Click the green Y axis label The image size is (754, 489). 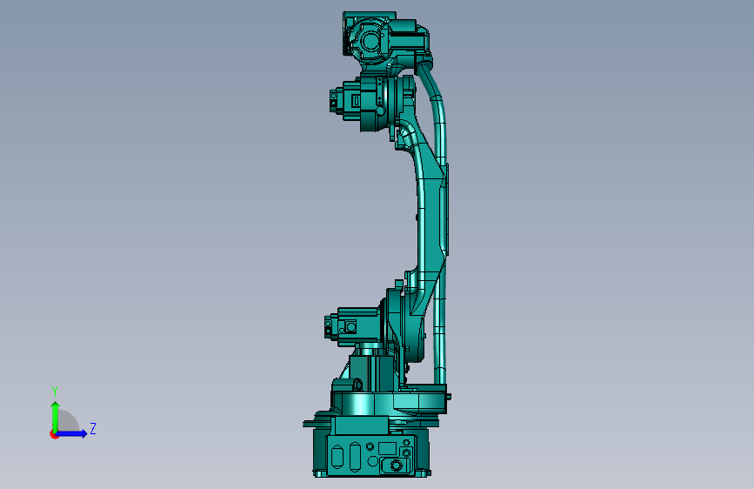54,391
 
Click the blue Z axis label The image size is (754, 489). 93,428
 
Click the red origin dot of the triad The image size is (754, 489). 53,434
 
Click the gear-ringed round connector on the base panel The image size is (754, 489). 397,466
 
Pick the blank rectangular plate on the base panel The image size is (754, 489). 387,449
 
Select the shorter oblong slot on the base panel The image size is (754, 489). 337,456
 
